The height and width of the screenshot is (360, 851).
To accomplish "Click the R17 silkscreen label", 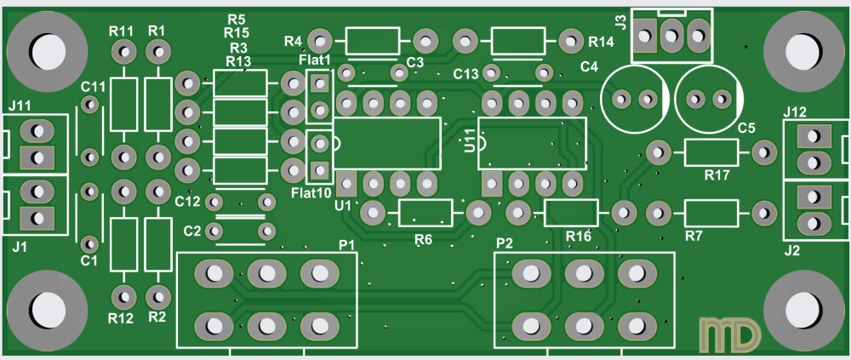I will click(717, 175).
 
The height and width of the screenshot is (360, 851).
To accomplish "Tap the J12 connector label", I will click(795, 111).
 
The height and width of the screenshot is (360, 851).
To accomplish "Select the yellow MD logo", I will click(728, 334).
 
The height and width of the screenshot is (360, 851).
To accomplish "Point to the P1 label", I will click(346, 244).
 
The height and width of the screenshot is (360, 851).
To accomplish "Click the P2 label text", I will click(504, 243).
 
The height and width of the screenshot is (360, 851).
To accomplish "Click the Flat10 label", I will click(310, 193).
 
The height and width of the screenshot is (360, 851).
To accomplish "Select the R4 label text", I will click(293, 41).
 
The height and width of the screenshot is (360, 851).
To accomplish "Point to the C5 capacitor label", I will click(746, 128).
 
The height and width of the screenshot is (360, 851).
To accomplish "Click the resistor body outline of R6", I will click(425, 212).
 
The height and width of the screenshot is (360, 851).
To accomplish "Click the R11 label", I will click(123, 31).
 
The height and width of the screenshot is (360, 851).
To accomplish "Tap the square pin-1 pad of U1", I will click(346, 183).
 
